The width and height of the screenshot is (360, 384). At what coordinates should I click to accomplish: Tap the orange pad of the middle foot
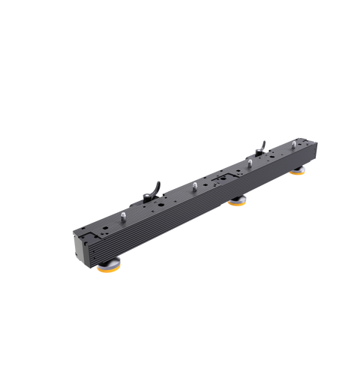[238, 204]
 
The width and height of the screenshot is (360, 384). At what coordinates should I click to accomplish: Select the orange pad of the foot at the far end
[298, 173]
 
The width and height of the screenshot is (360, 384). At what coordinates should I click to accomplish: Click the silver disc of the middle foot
[238, 199]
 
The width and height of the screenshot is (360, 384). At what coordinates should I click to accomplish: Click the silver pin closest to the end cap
[120, 217]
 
